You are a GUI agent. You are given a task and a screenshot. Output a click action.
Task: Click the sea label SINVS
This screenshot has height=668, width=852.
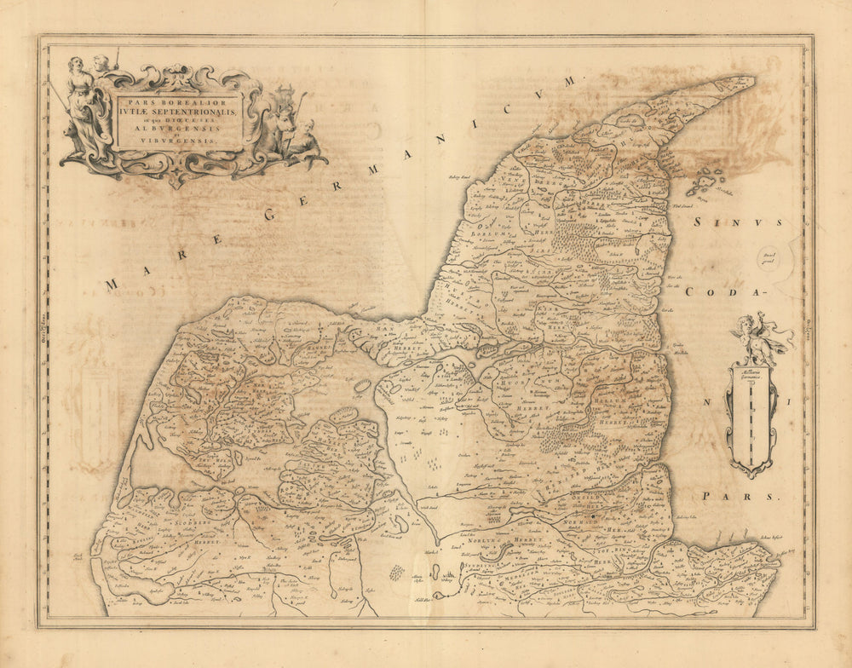click(738, 223)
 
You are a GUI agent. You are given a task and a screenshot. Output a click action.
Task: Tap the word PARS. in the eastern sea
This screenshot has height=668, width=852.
click(740, 496)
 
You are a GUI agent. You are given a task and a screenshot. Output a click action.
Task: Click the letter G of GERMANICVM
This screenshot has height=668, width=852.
click(271, 214)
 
